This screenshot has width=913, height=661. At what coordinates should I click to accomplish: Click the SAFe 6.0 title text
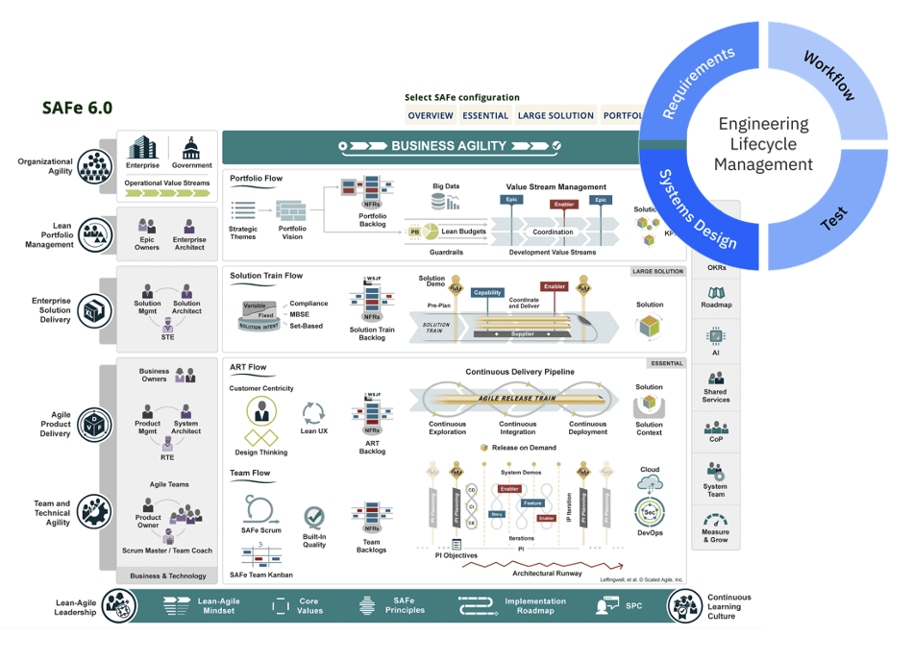77,108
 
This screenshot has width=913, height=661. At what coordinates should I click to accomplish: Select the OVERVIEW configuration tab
430,115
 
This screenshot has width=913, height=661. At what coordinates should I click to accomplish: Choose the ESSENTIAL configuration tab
485,115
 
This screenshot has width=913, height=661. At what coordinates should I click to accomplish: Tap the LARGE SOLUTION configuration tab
555,115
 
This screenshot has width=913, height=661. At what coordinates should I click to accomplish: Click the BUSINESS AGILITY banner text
449,146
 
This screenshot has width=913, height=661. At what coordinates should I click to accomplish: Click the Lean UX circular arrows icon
314,413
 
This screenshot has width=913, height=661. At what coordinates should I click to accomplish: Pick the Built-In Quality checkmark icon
314,518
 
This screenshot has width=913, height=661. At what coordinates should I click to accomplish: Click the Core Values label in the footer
308,606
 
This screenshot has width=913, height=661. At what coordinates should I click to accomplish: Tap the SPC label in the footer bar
634,606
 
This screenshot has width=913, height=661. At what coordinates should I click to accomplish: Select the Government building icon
192,148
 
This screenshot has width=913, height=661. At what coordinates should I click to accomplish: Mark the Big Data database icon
444,202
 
